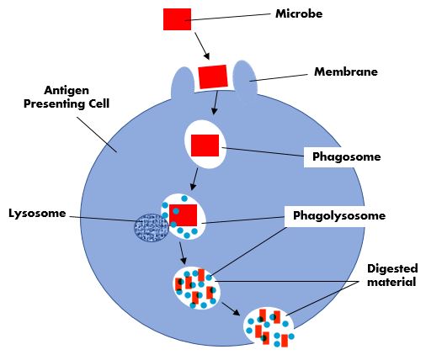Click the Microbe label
pyautogui.click(x=299, y=13)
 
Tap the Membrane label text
pyautogui.click(x=346, y=71)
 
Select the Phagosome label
pyautogui.click(x=347, y=156)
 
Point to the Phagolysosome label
pyautogui.click(x=339, y=216)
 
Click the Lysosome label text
pyautogui.click(x=37, y=214)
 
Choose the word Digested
pyautogui.click(x=392, y=268)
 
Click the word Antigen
pyautogui.click(x=67, y=91)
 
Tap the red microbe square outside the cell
pyautogui.click(x=177, y=19)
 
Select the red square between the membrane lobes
pyautogui.click(x=213, y=77)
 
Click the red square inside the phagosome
pyautogui.click(x=205, y=146)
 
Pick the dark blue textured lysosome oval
pyautogui.click(x=152, y=228)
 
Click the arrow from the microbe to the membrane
pyautogui.click(x=202, y=45)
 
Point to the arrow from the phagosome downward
pyautogui.click(x=194, y=179)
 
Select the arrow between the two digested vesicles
pyautogui.click(x=231, y=309)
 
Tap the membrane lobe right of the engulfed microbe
pyautogui.click(x=245, y=78)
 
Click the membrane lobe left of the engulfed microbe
pyautogui.click(x=183, y=83)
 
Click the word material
pyautogui.click(x=391, y=282)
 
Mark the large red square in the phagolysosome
pyautogui.click(x=183, y=215)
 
